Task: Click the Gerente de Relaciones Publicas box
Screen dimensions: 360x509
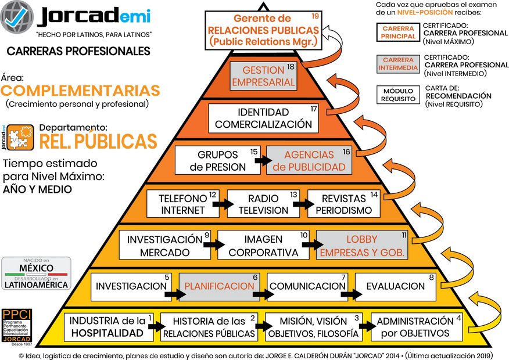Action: pyautogui.click(x=263, y=30)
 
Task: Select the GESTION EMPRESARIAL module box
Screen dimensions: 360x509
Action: pyautogui.click(x=263, y=76)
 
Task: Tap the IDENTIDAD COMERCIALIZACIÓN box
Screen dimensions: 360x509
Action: pyautogui.click(x=263, y=118)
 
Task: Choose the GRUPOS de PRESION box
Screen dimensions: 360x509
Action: pyautogui.click(x=217, y=161)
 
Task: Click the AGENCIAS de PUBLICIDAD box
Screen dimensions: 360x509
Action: pyautogui.click(x=309, y=161)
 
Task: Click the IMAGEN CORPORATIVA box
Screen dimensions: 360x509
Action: pyautogui.click(x=263, y=246)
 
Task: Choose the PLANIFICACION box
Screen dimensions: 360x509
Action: pyautogui.click(x=219, y=287)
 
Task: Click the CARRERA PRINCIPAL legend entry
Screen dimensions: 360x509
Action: pyautogui.click(x=398, y=32)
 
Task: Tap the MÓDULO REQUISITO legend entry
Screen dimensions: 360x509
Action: pyautogui.click(x=398, y=95)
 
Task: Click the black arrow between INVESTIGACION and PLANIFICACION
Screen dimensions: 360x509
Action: pyautogui.click(x=172, y=294)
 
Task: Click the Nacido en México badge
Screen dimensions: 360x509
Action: pyautogui.click(x=37, y=273)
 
